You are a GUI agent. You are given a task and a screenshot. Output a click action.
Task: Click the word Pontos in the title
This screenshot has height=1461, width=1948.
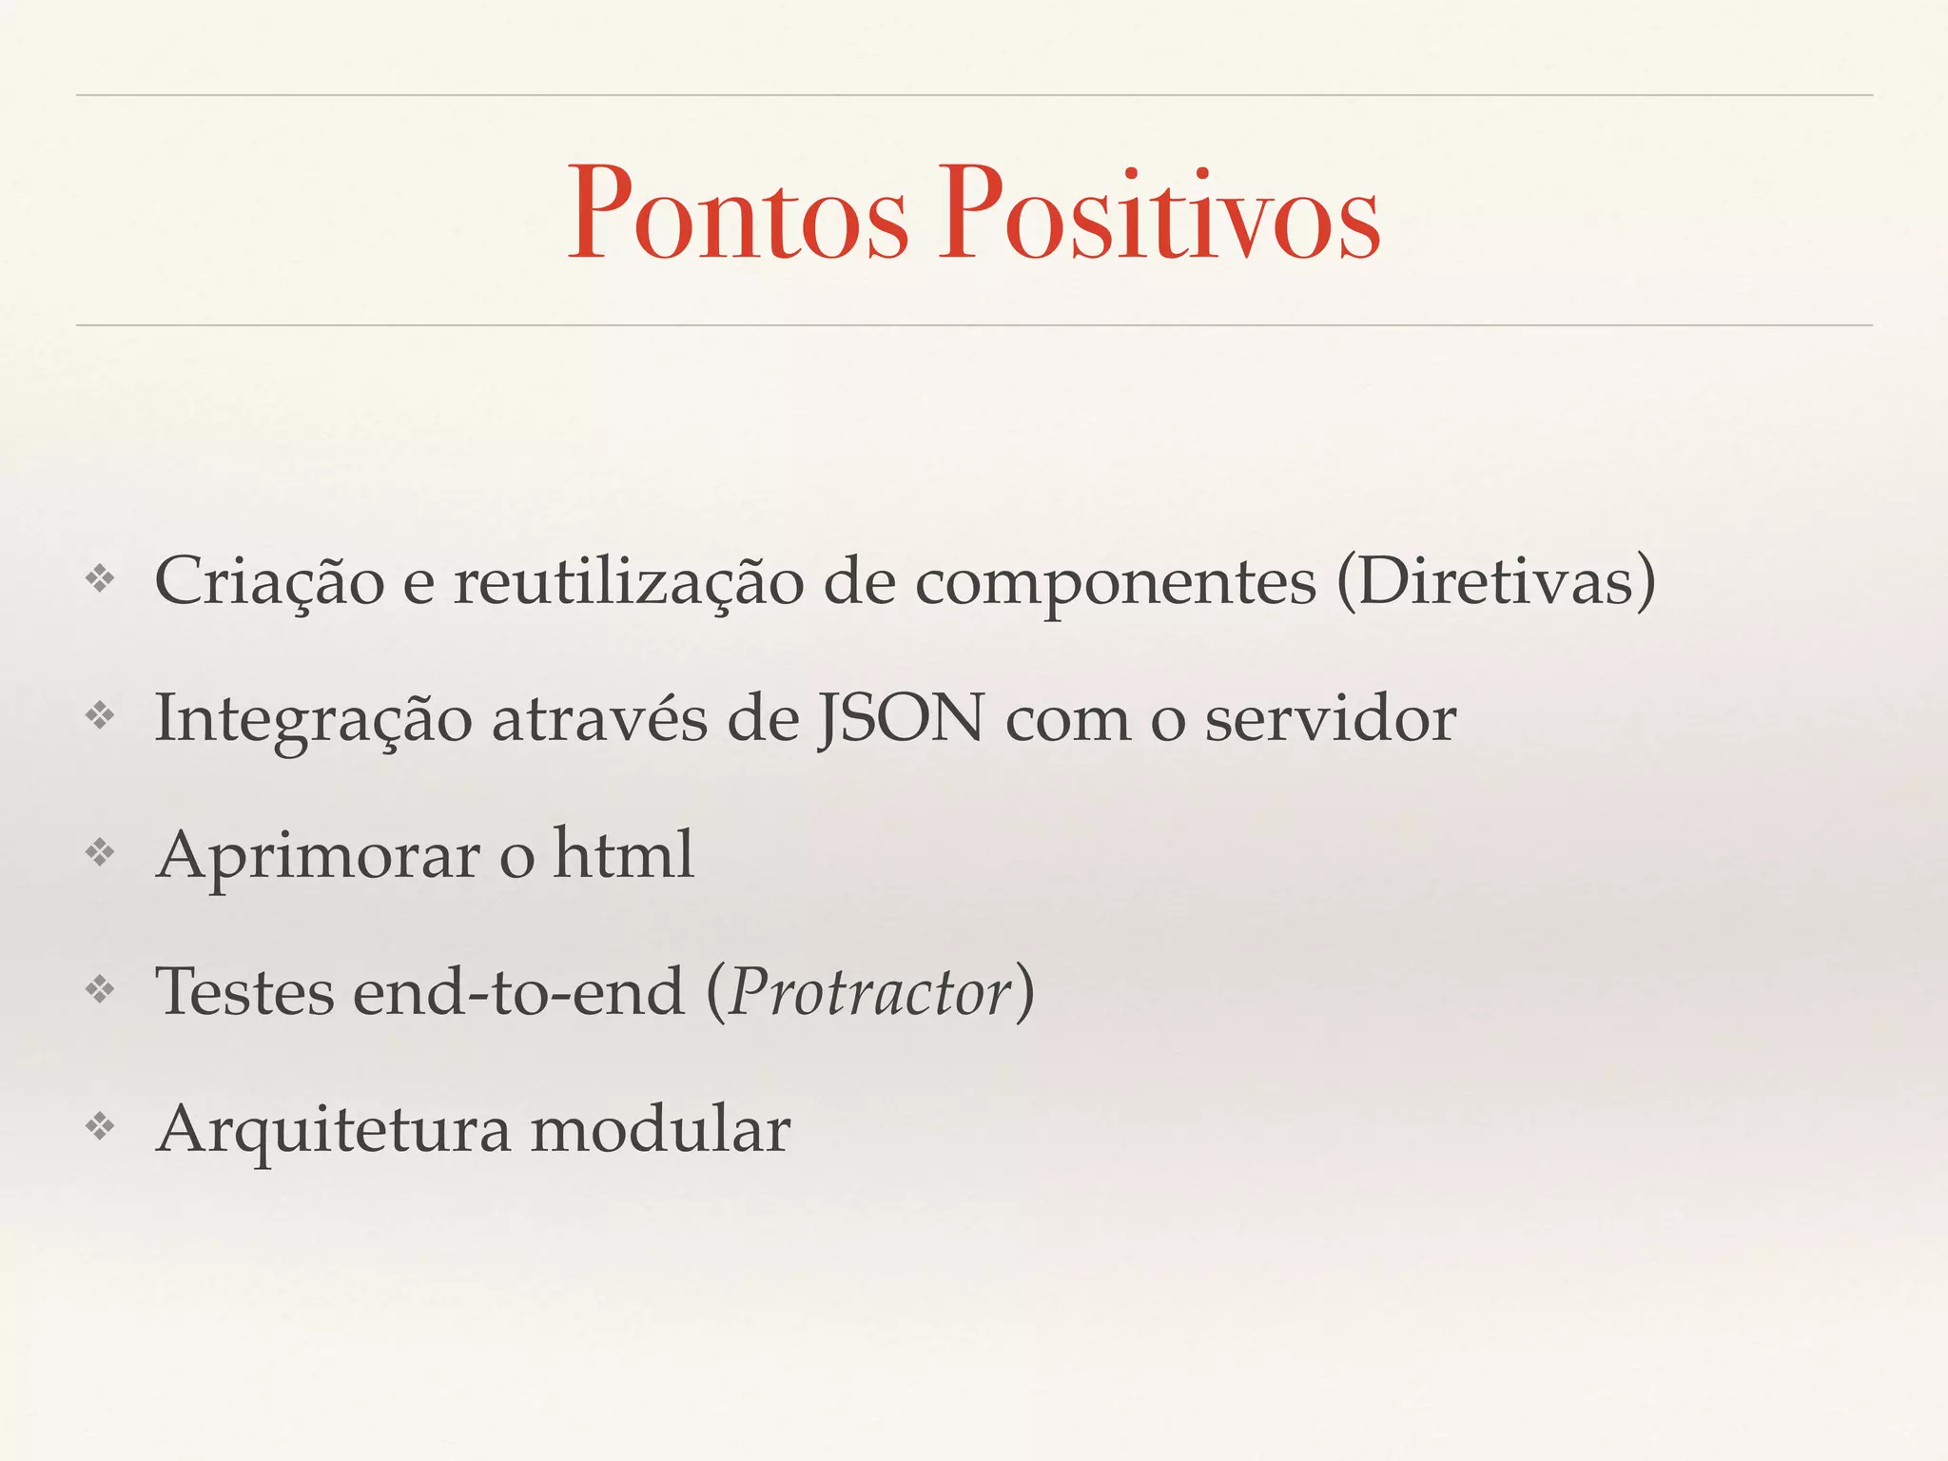[x=738, y=213]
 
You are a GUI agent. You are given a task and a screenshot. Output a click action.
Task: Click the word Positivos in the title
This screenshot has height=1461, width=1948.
[x=1159, y=213]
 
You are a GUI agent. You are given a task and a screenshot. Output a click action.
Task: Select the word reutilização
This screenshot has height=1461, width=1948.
[x=628, y=581]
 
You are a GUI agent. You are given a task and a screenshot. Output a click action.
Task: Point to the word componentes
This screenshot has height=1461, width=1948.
[x=1115, y=583]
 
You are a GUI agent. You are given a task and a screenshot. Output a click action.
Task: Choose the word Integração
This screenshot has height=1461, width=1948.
[x=313, y=720]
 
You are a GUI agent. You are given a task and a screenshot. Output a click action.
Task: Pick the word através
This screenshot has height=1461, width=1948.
[x=599, y=718]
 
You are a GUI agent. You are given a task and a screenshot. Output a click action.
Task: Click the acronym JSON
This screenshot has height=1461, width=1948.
[x=901, y=718]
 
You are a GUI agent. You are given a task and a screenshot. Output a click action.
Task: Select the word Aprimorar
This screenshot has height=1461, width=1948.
[x=319, y=857]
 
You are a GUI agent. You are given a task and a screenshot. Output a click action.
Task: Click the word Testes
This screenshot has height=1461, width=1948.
[x=244, y=992]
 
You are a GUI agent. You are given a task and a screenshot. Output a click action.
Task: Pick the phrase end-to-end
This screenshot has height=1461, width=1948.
[x=519, y=992]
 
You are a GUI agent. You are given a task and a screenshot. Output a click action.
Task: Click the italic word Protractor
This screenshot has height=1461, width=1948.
[x=869, y=992]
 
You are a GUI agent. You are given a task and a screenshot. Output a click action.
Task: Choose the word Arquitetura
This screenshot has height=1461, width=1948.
[x=333, y=1131]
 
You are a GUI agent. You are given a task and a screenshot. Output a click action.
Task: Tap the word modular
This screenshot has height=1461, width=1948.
[x=660, y=1129]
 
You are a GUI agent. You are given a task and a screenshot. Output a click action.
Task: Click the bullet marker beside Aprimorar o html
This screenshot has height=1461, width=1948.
[x=100, y=852]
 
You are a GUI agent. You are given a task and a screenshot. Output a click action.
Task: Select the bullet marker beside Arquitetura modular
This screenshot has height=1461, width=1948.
[x=100, y=1127]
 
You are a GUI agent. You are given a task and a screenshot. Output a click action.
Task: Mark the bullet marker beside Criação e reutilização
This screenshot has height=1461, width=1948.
[x=100, y=578]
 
